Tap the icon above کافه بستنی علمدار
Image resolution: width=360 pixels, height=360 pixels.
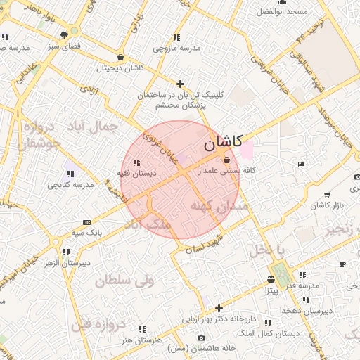pos(225,160)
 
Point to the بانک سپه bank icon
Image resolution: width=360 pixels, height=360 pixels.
pos(86,221)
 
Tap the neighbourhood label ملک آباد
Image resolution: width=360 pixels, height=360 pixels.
pos(146,224)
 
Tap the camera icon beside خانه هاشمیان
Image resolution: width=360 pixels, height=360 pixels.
pos(202,338)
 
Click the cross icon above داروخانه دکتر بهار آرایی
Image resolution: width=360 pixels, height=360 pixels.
pos(219,308)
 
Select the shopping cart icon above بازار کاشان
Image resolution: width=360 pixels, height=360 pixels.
pos(327,195)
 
